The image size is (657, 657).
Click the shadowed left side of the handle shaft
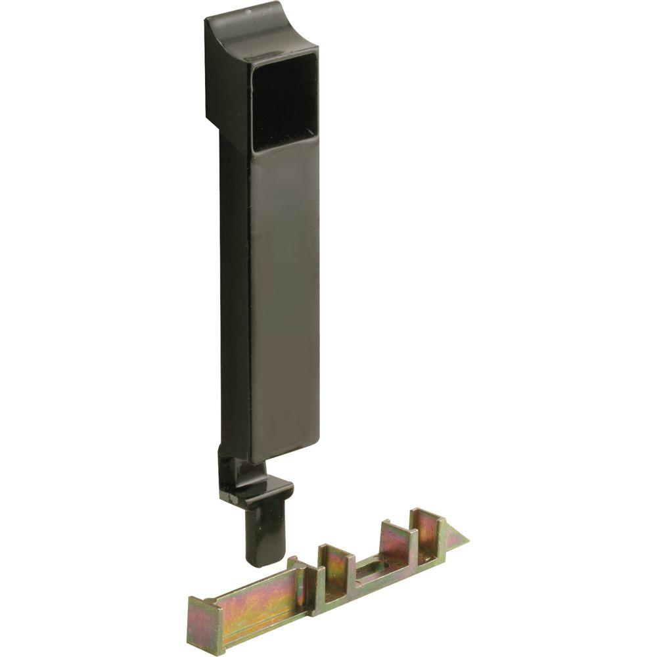point(234,296)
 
